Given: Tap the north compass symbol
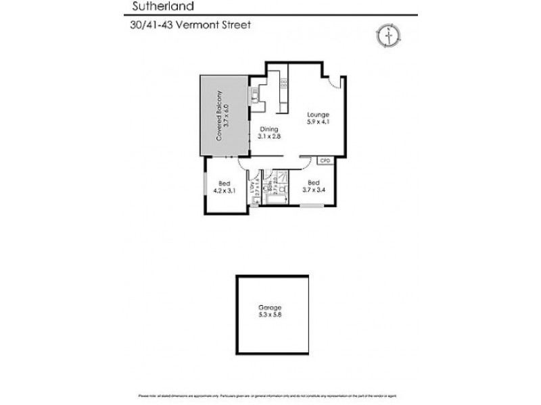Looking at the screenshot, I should point(387,34).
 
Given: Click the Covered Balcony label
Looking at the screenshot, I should point(224,115).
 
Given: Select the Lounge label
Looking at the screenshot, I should point(318,115).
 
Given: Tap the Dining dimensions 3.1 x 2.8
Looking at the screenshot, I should point(269,136).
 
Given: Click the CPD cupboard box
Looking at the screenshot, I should point(325,161).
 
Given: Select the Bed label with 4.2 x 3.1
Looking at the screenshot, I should point(223,182).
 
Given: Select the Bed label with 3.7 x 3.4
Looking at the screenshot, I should point(313,182).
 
